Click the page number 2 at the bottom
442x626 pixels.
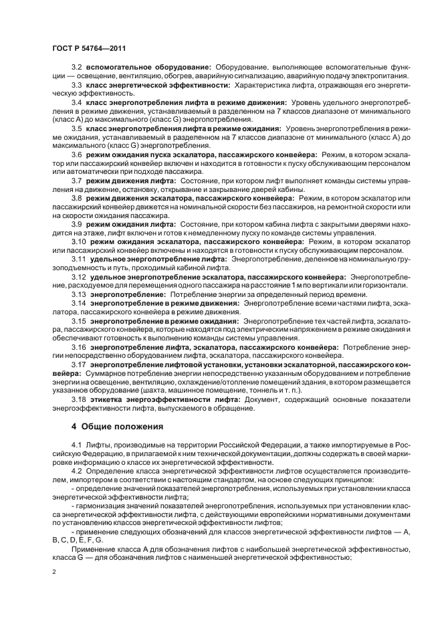pyautogui.click(x=54, y=572)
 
